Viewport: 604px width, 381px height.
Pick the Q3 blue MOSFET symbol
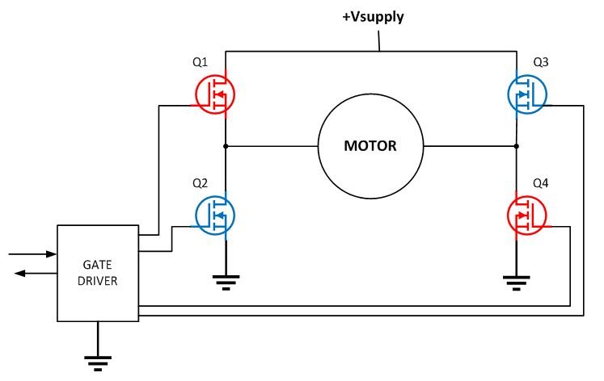pos(528,94)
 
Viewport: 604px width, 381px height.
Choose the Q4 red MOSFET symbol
pos(528,216)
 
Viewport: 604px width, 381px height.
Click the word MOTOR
pos(371,146)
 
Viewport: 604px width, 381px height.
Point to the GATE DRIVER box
pos(97,273)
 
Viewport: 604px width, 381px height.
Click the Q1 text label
pos(201,62)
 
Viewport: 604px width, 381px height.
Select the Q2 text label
pos(201,184)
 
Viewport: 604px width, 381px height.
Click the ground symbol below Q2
pos(225,282)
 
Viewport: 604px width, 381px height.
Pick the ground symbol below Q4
pos(517,282)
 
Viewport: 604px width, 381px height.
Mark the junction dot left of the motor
pos(225,146)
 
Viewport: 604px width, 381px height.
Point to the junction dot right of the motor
pos(517,146)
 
